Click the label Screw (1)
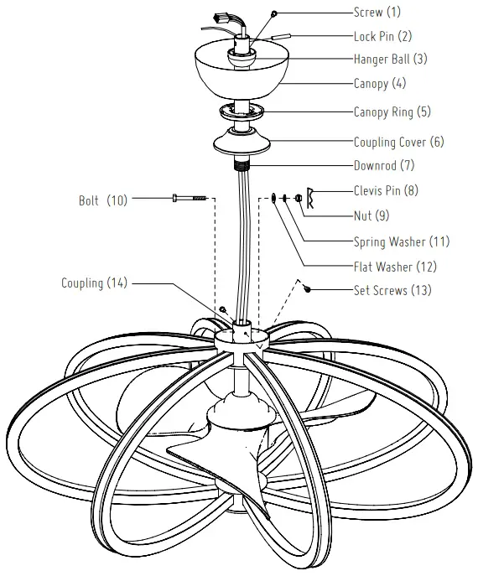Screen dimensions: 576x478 [379, 13]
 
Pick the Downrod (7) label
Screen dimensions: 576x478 [384, 165]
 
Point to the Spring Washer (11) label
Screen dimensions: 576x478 [401, 242]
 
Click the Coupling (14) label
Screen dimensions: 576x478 [94, 283]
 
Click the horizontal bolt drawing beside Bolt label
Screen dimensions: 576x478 [190, 199]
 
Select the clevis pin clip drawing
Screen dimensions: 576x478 [309, 195]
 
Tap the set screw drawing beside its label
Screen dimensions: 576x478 [309, 289]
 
